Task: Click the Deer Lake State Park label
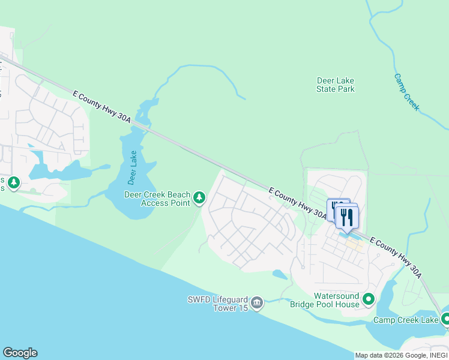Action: [336, 85]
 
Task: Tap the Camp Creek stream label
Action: [407, 92]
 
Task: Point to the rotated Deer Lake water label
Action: [133, 167]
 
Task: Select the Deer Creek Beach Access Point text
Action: [157, 199]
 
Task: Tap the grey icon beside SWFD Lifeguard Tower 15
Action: [257, 303]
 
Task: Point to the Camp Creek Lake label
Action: [406, 320]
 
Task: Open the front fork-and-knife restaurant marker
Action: [347, 218]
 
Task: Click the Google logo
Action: [20, 353]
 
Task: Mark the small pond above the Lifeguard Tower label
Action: [279, 274]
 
